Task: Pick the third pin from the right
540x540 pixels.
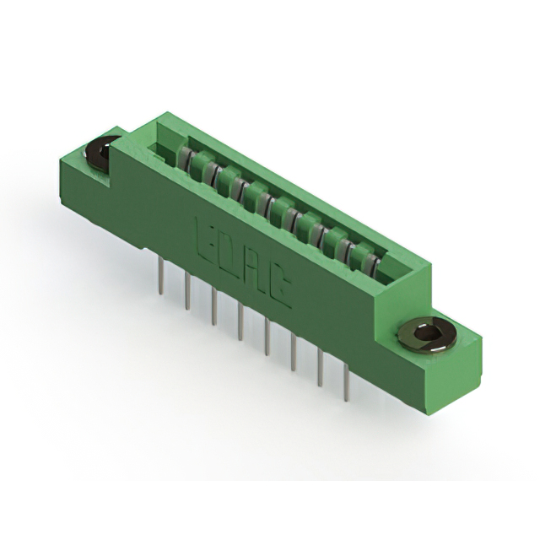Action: (x=293, y=354)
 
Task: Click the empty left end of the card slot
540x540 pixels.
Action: (x=162, y=148)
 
